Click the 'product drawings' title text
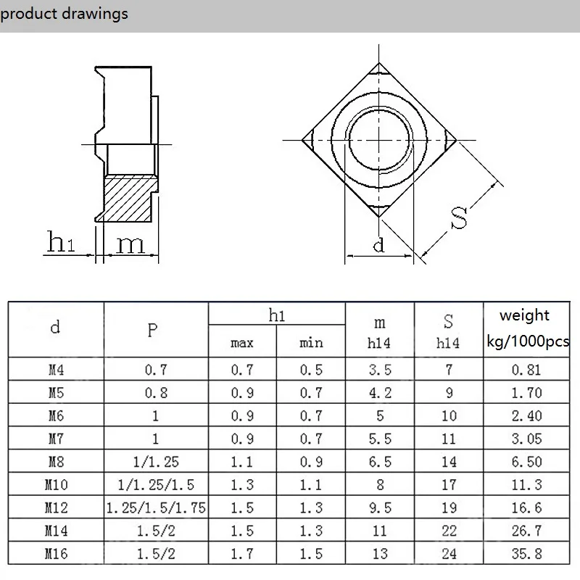click(64, 14)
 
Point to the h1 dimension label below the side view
click(61, 244)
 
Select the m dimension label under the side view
click(130, 244)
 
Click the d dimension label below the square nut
click(378, 246)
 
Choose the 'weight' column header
click(525, 315)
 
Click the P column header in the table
click(152, 330)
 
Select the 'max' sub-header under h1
click(241, 343)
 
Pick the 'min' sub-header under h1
click(311, 343)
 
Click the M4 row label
click(55, 370)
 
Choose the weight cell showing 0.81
click(526, 370)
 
